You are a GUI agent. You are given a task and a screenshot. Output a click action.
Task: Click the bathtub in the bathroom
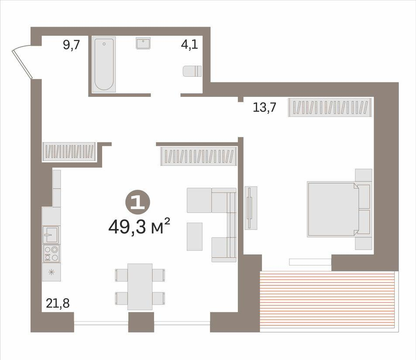tap(104, 65)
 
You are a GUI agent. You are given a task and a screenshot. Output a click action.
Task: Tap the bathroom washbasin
tap(143, 43)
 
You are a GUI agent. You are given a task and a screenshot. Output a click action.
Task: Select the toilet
tap(192, 71)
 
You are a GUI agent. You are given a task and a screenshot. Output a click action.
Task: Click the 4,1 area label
tap(189, 45)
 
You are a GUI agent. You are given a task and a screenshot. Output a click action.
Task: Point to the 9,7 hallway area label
tap(71, 45)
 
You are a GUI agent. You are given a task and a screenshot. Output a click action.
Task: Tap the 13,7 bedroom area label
tap(265, 107)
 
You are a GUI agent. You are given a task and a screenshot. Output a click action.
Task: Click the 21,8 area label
tap(58, 303)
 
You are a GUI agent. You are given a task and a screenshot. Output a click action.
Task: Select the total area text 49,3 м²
tap(139, 226)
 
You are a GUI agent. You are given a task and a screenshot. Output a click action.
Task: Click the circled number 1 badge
tap(138, 202)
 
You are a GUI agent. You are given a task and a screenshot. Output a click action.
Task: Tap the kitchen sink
tap(51, 234)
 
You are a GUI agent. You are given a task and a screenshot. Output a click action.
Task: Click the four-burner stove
tap(51, 254)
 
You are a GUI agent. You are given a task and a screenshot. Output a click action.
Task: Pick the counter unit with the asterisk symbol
tap(52, 272)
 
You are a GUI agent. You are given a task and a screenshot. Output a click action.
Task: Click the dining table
tap(140, 287)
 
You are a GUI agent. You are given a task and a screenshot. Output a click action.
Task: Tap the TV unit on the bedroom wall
tap(251, 208)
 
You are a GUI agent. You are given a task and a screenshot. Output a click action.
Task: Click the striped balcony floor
tap(328, 301)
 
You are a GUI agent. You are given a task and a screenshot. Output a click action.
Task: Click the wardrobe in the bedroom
tap(330, 107)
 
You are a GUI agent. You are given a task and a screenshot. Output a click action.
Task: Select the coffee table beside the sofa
tap(195, 237)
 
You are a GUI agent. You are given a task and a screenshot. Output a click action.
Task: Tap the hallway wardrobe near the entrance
tap(69, 151)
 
